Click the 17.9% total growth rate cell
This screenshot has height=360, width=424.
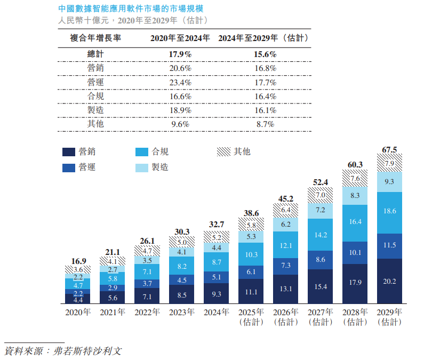coord(180,54)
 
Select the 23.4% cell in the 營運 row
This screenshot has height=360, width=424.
coord(180,82)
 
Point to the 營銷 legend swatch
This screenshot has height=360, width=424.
coord(68,152)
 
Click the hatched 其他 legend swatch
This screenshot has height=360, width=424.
coord(222,152)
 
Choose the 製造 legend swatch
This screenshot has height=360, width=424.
coord(142,167)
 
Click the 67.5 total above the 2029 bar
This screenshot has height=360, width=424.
coord(390,150)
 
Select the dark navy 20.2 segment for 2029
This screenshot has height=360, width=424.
coord(390,282)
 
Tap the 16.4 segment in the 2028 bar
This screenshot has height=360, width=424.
coord(355,221)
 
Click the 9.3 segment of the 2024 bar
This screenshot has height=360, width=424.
coord(217,294)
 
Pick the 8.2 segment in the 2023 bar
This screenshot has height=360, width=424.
coord(182,266)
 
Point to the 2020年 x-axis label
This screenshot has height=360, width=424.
coord(78,312)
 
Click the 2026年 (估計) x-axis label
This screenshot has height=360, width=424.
coord(286,317)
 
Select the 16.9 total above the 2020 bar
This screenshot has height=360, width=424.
coord(78,261)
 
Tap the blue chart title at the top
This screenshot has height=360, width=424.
coord(130,10)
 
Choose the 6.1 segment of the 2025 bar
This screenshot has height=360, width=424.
coord(251,272)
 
